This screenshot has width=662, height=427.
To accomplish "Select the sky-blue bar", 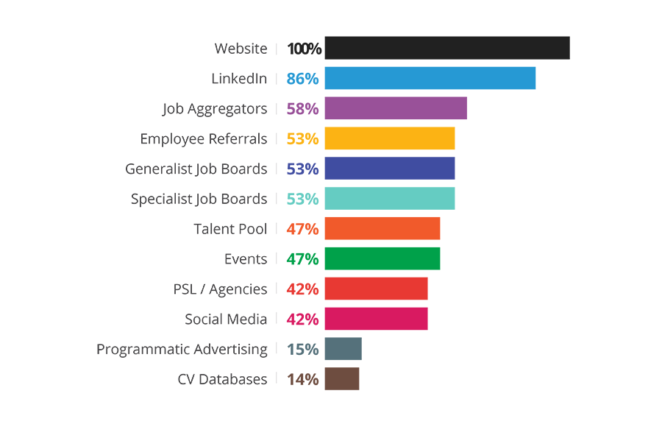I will (412, 78).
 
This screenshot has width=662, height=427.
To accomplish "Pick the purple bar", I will (375, 108).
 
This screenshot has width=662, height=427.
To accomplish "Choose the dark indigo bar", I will (390, 169).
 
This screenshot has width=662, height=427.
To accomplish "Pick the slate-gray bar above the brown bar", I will (324, 347).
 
